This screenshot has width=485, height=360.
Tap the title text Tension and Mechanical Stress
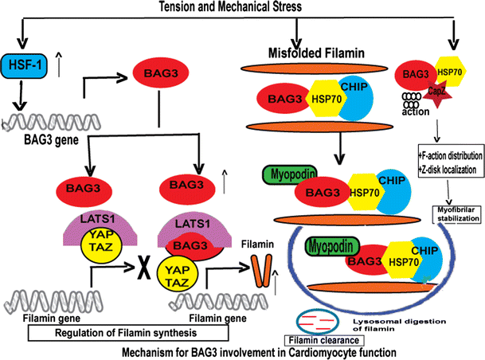click(x=240, y=7)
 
